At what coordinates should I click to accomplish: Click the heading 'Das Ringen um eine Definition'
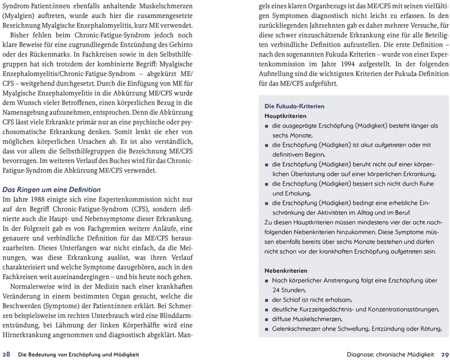tap(52, 189)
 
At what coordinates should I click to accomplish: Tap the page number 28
tap(8, 354)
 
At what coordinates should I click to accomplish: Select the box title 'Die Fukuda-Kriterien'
tap(294, 107)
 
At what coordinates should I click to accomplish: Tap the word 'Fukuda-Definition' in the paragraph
tap(419, 74)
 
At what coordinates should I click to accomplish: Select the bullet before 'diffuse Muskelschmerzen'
tap(267, 319)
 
